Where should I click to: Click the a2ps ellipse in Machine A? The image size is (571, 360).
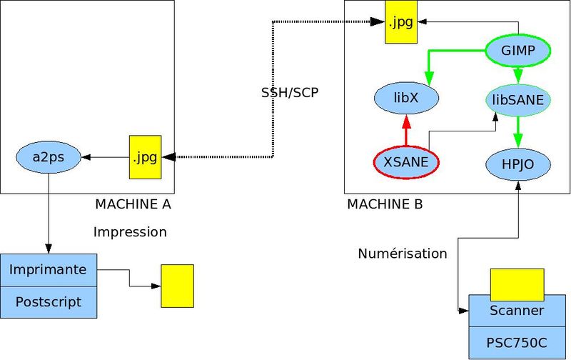coord(49,156)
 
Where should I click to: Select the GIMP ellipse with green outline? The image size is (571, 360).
coord(518,51)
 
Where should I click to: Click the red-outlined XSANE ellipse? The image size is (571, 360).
coord(406,162)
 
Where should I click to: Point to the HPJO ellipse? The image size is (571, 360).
coord(519,164)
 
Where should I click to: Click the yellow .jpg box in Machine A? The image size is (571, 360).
coord(144,157)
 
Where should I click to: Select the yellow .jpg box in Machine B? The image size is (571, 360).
coord(400,22)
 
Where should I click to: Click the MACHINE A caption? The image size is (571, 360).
coord(133,204)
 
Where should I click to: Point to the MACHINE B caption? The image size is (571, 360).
coord(385,204)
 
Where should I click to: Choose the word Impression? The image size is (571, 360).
coord(130,232)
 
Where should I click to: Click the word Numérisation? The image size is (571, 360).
coord(403,254)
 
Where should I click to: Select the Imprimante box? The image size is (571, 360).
coord(49,270)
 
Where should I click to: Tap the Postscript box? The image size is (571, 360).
coord(49,302)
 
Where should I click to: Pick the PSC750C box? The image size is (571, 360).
coord(517,341)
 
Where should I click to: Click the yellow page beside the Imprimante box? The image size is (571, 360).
coord(177,286)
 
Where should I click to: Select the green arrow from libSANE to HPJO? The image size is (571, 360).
coord(519,132)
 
